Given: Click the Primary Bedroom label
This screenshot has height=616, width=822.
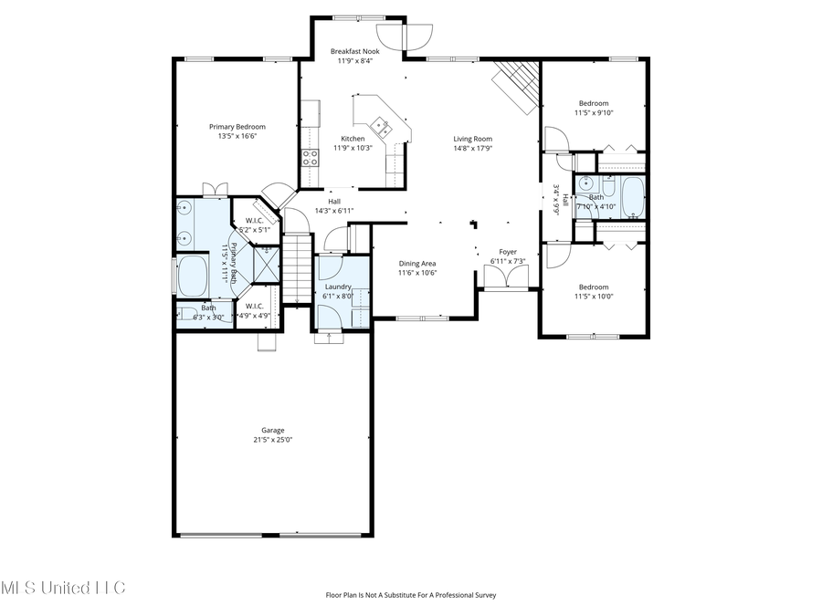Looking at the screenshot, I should (x=237, y=127).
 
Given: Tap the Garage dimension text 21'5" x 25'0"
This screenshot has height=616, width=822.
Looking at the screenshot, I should (x=272, y=440).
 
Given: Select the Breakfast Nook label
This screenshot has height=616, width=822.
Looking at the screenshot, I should (x=354, y=52).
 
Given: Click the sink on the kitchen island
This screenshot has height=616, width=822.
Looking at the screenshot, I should (x=380, y=124).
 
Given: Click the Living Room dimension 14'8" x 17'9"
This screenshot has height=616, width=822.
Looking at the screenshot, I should (x=472, y=148).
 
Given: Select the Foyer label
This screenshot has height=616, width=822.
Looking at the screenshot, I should (x=507, y=252).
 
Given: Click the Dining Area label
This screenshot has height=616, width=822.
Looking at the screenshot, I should (x=416, y=264).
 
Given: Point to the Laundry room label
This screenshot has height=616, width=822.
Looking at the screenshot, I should (x=338, y=287).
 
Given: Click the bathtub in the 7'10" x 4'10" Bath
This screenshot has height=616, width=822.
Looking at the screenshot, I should (x=632, y=195).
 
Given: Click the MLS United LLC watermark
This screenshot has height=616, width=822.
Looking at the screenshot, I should (x=62, y=587).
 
